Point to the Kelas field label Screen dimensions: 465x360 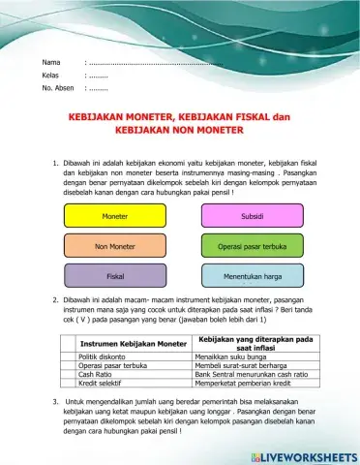[x=51, y=74]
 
